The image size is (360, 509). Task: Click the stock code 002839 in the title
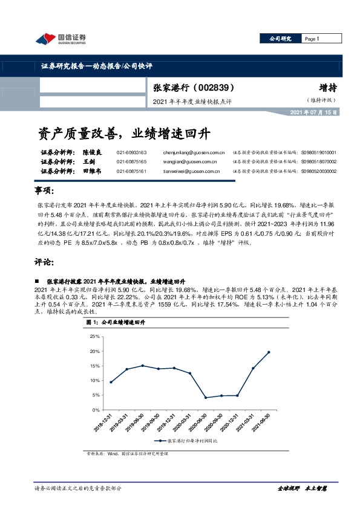pyautogui.click(x=214, y=88)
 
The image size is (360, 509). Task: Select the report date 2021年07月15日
pyautogui.click(x=314, y=113)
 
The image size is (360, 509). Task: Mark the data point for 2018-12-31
pyautogui.click(x=111, y=382)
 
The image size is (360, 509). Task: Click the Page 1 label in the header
pyautogui.click(x=312, y=39)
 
